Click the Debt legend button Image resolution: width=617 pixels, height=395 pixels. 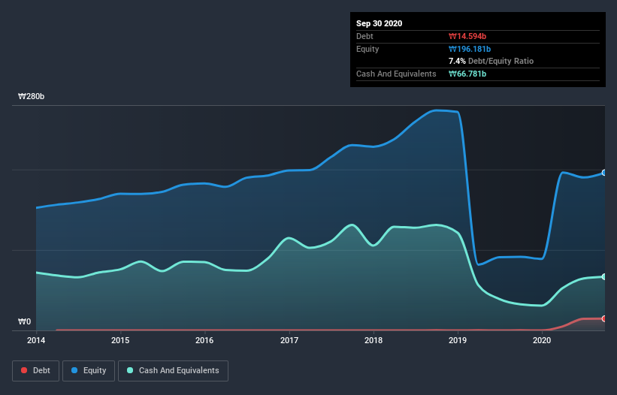point(36,370)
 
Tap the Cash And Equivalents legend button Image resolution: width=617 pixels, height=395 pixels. point(173,370)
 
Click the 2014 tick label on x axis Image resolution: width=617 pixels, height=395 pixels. point(36,340)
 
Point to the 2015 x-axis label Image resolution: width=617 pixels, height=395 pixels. point(120,340)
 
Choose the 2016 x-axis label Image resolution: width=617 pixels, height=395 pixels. point(204,340)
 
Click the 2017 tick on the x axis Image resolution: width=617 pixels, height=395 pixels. point(289,340)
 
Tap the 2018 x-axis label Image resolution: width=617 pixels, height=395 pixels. point(374,340)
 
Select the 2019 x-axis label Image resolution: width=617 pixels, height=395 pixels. point(458,340)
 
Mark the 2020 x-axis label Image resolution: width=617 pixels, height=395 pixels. point(542,340)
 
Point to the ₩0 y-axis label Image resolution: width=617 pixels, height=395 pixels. point(26,322)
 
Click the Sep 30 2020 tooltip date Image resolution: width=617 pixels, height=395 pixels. point(380,23)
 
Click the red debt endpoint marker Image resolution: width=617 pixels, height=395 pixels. point(604,318)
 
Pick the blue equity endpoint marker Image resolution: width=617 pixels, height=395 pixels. point(604,173)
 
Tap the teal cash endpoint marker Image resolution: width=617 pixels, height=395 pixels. point(604,276)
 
